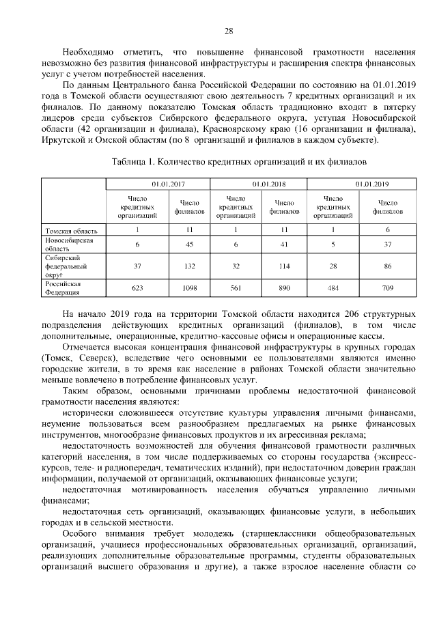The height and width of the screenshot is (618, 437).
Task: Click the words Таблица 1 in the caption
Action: [x=133, y=163]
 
